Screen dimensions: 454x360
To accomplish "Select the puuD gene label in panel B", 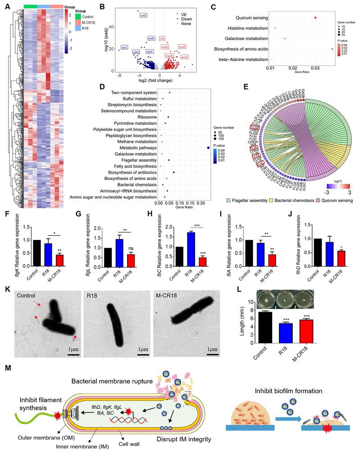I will coord(182,47).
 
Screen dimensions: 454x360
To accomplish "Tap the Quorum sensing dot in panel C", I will coord(315,18).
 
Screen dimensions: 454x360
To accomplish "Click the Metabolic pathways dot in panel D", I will coord(208,147).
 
